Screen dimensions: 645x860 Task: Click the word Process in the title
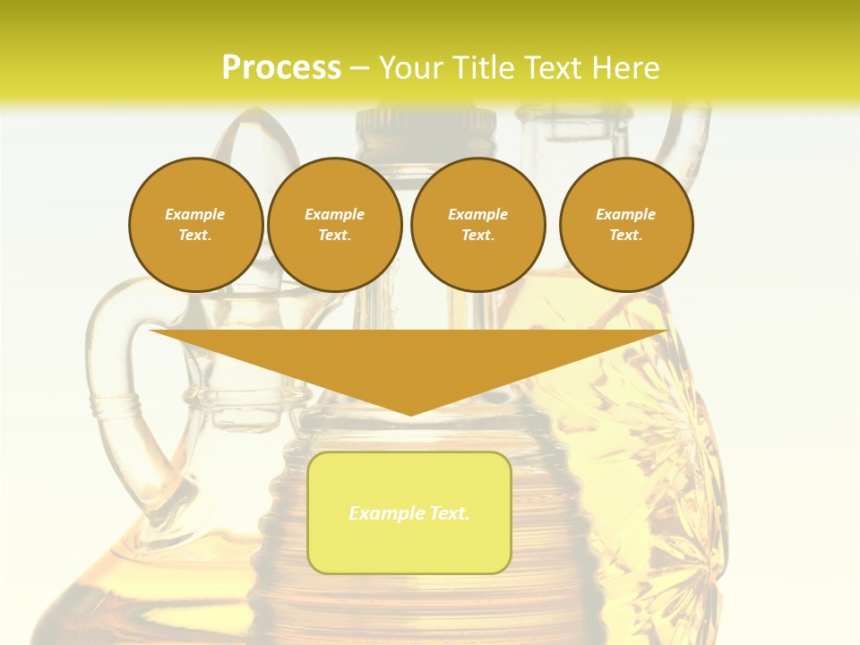281,67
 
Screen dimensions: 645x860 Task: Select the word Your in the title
411,67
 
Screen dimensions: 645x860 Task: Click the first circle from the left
196,225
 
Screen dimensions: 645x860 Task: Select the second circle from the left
335,225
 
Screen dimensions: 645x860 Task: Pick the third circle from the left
478,225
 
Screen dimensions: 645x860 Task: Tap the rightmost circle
626,225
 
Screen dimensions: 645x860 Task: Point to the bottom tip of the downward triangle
410,414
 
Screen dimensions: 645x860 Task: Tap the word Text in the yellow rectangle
448,513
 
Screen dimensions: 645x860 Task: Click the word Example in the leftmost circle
195,214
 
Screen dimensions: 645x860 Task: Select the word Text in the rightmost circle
625,235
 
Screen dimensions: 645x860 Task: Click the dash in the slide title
359,68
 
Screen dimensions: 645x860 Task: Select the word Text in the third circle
477,235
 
